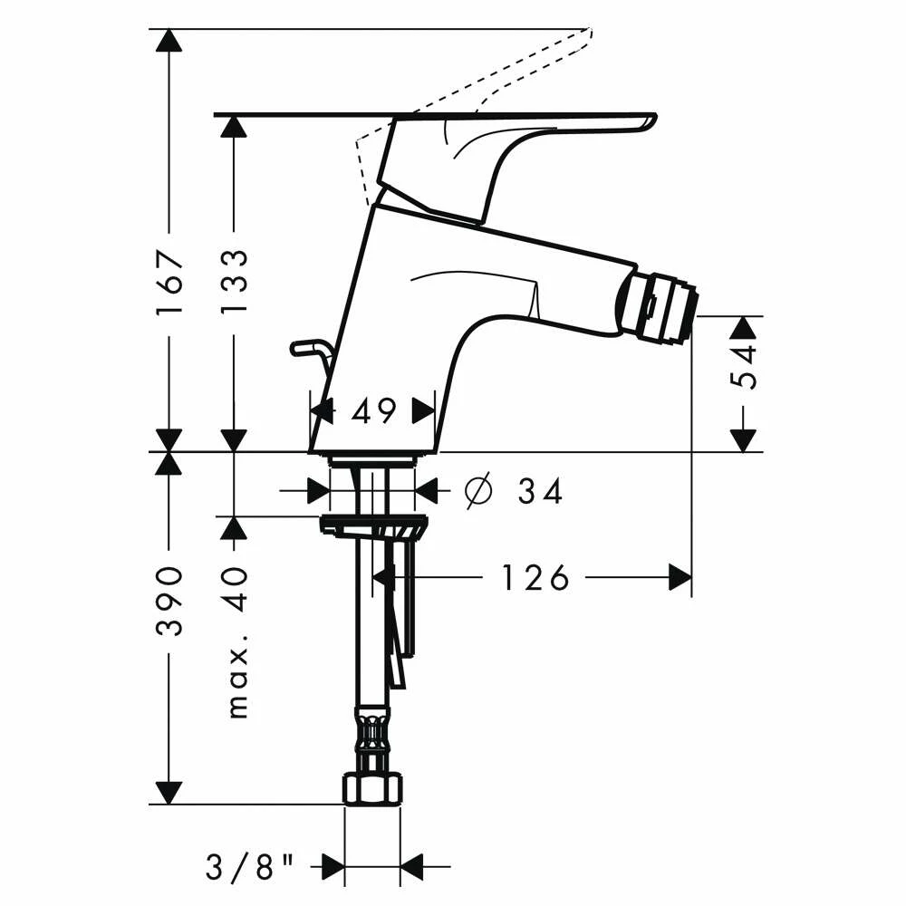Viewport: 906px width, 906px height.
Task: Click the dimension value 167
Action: tap(169, 283)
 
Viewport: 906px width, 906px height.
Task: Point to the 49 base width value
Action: tap(373, 412)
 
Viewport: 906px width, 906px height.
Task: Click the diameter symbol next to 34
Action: tap(477, 491)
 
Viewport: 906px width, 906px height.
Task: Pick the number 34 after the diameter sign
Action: tap(541, 492)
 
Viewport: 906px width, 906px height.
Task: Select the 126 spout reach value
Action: tap(535, 577)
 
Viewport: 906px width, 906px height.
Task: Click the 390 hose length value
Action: tap(169, 602)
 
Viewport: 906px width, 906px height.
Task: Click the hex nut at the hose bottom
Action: tap(371, 788)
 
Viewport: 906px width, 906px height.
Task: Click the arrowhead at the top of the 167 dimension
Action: tap(168, 40)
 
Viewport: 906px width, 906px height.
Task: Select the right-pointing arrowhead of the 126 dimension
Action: tap(679, 577)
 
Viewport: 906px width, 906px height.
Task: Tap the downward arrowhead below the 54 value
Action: tap(743, 439)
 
